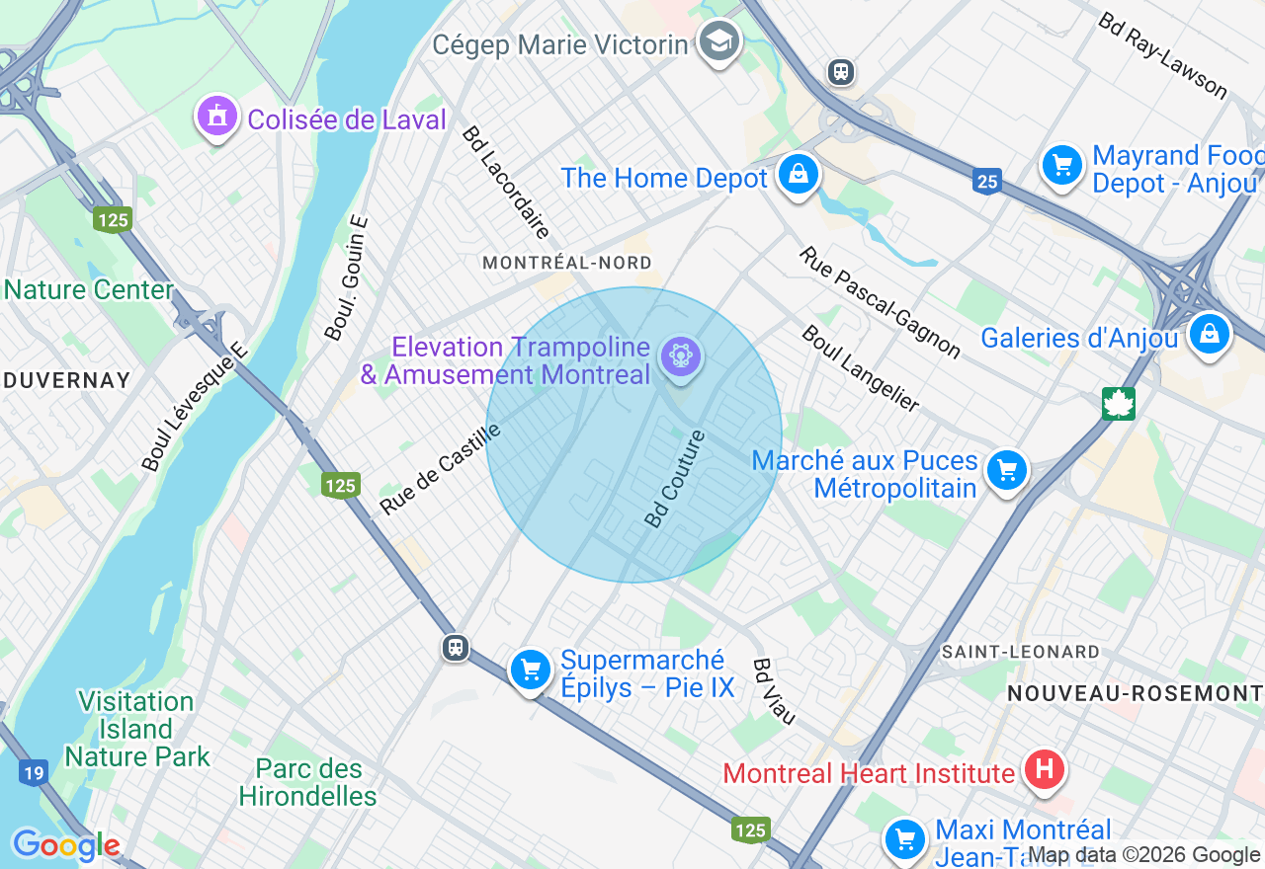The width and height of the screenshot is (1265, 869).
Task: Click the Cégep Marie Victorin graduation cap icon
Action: click(x=719, y=41)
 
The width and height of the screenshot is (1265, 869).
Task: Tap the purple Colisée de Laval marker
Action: click(x=217, y=118)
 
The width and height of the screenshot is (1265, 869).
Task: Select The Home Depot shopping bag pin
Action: click(x=797, y=175)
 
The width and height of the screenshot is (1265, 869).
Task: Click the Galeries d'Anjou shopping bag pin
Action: click(x=1209, y=334)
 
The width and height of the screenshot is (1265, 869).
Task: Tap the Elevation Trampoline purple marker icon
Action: click(x=681, y=356)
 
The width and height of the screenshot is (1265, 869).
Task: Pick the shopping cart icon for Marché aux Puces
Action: click(x=1007, y=471)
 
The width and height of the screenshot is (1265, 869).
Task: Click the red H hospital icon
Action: click(x=1045, y=769)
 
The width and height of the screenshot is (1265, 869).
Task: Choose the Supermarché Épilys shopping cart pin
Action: click(x=531, y=671)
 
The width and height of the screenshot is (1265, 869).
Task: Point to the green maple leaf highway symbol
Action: click(x=1119, y=403)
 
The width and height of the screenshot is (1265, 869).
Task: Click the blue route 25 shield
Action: click(x=986, y=182)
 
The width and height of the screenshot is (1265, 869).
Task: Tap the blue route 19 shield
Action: click(x=34, y=772)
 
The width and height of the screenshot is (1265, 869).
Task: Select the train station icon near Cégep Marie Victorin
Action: click(x=841, y=72)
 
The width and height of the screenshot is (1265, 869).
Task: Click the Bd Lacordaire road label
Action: click(x=505, y=184)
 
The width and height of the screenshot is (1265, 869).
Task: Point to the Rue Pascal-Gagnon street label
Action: click(x=880, y=302)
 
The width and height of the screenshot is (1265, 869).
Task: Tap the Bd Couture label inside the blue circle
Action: click(x=675, y=478)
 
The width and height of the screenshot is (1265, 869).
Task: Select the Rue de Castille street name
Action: click(x=441, y=469)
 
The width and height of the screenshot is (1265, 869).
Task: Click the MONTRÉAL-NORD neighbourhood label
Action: click(x=567, y=263)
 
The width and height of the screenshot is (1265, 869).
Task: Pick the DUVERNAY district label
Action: click(x=66, y=380)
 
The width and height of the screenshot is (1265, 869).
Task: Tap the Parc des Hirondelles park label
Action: click(x=307, y=782)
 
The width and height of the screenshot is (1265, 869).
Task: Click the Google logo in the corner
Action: click(x=66, y=845)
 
